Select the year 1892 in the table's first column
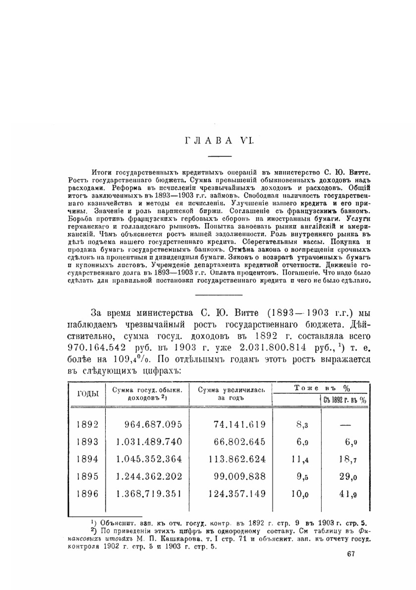[87, 424]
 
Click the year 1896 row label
[87, 494]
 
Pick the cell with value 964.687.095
[153, 424]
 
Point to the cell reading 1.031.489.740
[149, 442]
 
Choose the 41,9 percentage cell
[348, 494]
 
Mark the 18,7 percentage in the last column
[348, 459]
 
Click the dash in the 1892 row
[345, 425]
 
